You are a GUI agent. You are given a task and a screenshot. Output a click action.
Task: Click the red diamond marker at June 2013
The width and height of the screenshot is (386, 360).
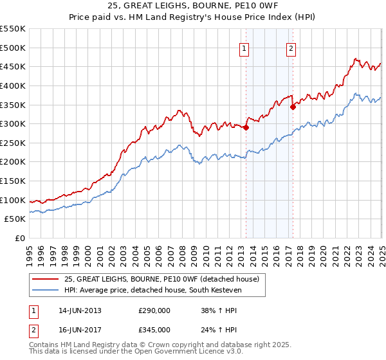point(246,127)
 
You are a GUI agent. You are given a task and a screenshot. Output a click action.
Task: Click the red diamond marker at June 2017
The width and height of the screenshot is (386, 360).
point(293,107)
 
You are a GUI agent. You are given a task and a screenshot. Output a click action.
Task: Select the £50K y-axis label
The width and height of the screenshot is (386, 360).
point(15,219)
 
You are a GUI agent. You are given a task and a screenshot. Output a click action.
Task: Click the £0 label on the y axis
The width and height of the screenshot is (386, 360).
point(21,239)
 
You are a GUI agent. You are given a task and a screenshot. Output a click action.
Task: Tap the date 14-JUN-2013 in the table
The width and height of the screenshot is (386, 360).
point(80,310)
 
